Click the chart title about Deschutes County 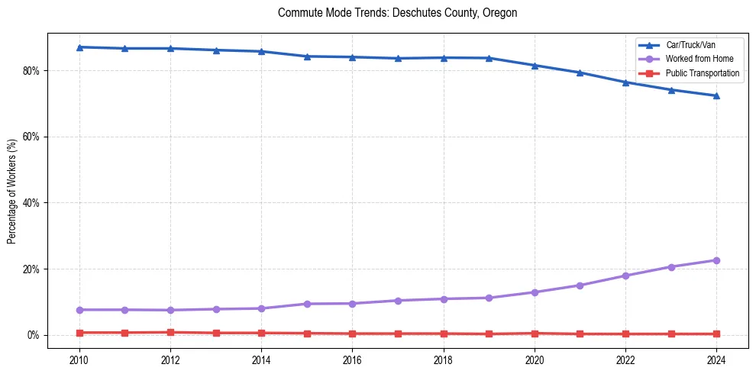[397, 13]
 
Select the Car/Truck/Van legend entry [690, 45]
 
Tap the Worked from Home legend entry [699, 59]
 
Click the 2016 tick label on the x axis [352, 359]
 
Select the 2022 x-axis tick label [625, 359]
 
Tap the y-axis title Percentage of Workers [12, 191]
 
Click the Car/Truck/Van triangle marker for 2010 [79, 47]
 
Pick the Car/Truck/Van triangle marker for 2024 [716, 95]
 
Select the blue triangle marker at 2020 [535, 66]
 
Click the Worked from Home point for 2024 [716, 260]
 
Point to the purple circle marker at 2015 [307, 304]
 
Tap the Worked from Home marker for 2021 [580, 285]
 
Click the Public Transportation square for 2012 [170, 332]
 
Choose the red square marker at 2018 [444, 334]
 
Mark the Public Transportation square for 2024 [716, 334]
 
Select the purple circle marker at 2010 [79, 310]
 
